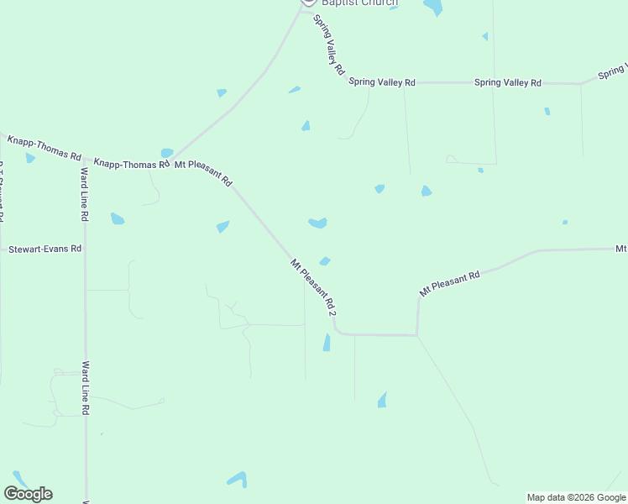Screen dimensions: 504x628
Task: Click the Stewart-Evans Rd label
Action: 44,249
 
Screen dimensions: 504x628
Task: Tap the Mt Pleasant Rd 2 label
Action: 313,287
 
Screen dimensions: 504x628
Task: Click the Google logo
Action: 28,494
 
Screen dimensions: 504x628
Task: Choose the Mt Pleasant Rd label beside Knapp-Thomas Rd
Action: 203,171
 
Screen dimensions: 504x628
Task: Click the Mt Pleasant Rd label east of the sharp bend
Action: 449,282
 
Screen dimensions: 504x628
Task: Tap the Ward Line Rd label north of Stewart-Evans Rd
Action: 85,194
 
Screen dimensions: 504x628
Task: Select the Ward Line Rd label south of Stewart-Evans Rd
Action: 86,387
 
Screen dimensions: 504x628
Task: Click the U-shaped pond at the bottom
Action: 237,480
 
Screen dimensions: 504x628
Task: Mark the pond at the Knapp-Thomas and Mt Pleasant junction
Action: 166,153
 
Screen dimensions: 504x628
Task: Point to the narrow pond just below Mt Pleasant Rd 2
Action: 326,343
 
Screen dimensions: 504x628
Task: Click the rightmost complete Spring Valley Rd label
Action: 508,82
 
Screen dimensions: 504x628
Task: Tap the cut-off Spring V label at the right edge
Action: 612,74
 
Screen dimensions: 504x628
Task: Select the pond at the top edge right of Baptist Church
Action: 433,8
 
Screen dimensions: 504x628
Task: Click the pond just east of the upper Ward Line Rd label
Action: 117,218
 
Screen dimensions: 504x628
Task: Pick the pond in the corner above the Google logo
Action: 19,478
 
